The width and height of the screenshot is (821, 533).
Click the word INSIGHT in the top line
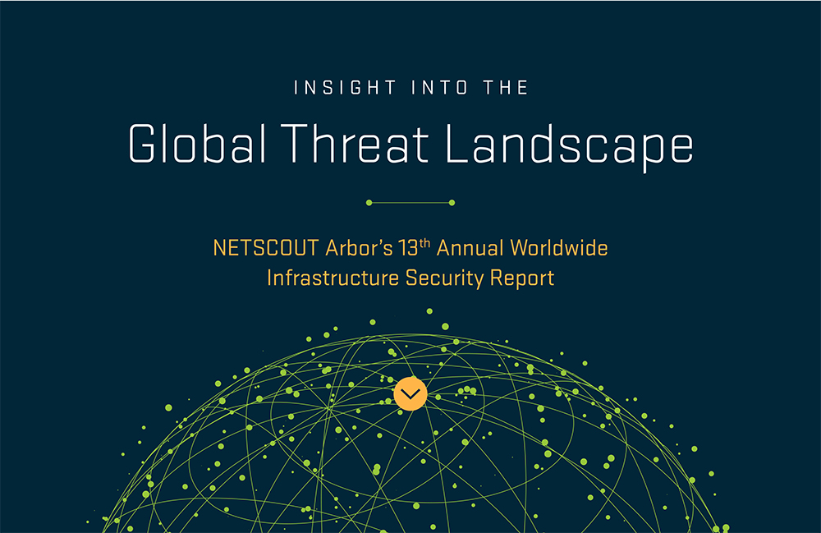pyautogui.click(x=346, y=87)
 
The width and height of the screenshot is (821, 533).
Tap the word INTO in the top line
pyautogui.click(x=440, y=87)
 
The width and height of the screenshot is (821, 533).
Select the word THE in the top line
pyautogui.click(x=506, y=87)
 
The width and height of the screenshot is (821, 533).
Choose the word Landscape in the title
pyautogui.click(x=569, y=147)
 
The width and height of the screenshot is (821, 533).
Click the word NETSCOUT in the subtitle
pyautogui.click(x=266, y=248)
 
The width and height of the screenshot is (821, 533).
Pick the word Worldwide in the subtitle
pyautogui.click(x=559, y=248)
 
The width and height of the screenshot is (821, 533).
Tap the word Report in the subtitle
pyautogui.click(x=522, y=279)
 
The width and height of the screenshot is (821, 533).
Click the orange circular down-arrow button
pyautogui.click(x=410, y=393)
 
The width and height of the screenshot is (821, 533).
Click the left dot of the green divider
pyautogui.click(x=369, y=203)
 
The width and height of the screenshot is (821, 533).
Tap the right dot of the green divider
pyautogui.click(x=452, y=203)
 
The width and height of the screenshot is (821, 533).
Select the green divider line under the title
pyautogui.click(x=410, y=203)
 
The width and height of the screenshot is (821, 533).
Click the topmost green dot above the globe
pyautogui.click(x=429, y=311)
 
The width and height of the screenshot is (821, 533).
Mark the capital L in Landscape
pyautogui.click(x=457, y=143)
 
